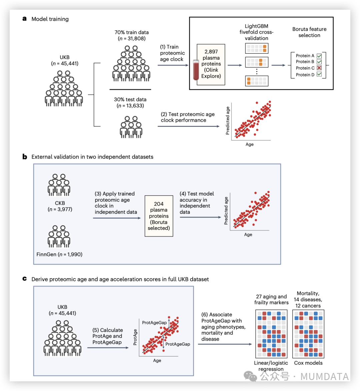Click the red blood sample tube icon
click(196, 70)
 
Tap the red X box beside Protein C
click(319, 68)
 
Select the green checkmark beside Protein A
click(319, 56)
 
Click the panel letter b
click(25, 156)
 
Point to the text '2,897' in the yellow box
click(211, 52)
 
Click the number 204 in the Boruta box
click(159, 204)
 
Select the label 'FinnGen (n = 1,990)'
click(59, 254)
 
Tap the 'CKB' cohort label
click(60, 203)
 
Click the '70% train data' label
click(132, 32)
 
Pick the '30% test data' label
click(130, 99)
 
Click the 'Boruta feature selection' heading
click(309, 32)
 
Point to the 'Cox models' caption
click(308, 363)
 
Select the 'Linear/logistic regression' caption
click(271, 366)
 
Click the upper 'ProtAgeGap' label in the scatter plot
click(154, 323)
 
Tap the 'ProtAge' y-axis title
click(135, 337)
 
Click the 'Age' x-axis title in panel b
click(248, 235)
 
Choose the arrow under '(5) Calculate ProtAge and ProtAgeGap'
click(108, 348)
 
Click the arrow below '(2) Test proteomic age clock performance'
click(188, 126)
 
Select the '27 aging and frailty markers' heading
click(271, 299)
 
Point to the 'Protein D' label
click(305, 75)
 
